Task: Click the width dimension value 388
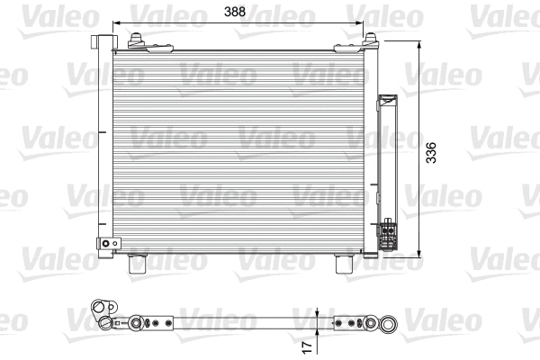point(237,13)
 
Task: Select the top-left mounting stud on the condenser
point(137,40)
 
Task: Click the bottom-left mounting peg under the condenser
point(138,264)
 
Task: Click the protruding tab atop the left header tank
point(102,40)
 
